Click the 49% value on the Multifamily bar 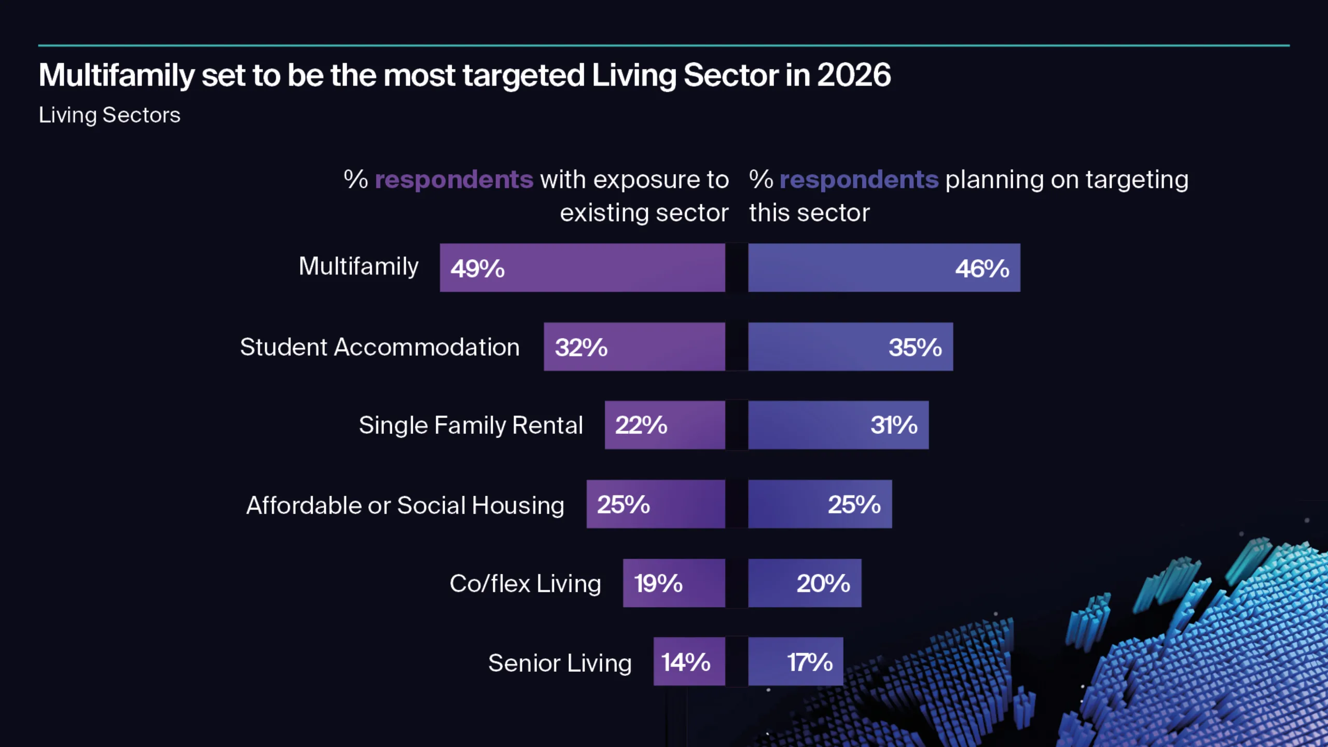(477, 268)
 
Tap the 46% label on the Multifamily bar (982, 268)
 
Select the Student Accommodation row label (379, 347)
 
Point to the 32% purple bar (634, 347)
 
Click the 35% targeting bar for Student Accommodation (850, 347)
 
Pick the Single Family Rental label (471, 425)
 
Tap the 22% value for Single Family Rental (641, 425)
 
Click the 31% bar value (894, 425)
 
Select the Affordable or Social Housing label (405, 505)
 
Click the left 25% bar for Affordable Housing (656, 504)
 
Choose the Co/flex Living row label (525, 584)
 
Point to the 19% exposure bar (674, 583)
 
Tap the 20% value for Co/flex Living (823, 583)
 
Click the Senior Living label (560, 663)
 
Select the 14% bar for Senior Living (689, 662)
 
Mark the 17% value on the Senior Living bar (809, 662)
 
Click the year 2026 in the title (854, 75)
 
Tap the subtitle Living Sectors (109, 115)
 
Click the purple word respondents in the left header (454, 180)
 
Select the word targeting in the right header (1137, 180)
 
